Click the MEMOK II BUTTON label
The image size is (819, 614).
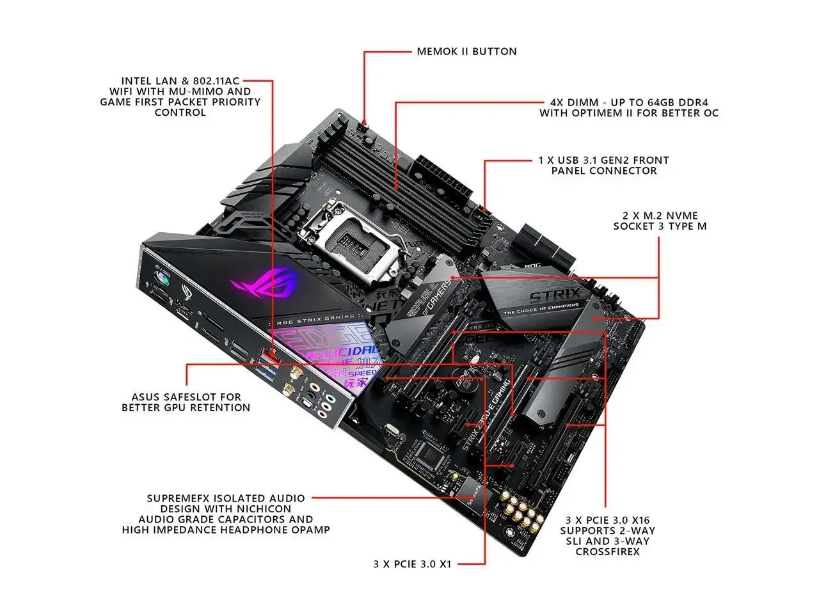466,51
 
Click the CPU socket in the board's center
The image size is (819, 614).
349,240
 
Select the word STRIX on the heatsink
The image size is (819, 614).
554,297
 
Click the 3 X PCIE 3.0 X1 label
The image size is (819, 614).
412,564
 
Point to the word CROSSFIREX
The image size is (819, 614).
607,551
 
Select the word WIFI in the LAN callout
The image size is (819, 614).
115,91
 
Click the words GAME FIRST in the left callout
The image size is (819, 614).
133,102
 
